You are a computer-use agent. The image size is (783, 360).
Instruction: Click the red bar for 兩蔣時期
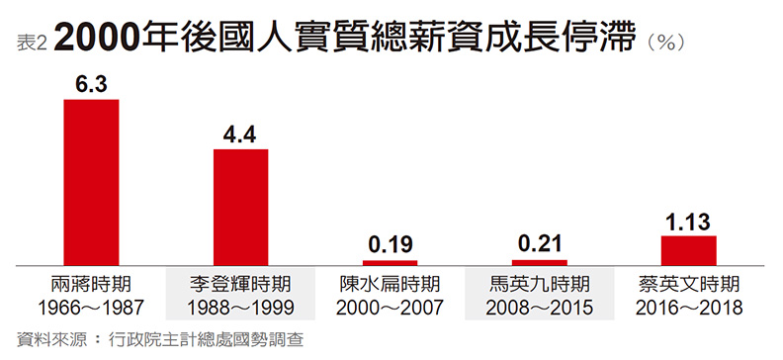[91, 182]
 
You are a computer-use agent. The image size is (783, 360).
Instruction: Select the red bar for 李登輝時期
[242, 207]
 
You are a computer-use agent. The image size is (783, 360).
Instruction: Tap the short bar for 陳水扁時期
[390, 262]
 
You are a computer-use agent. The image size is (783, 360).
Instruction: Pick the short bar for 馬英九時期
[540, 262]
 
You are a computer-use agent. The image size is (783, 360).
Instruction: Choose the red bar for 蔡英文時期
[689, 250]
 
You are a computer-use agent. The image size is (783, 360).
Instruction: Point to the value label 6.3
[91, 87]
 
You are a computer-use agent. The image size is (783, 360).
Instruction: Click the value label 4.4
[242, 136]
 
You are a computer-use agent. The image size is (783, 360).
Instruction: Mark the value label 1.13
[689, 222]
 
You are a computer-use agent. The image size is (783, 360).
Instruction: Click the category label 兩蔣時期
[91, 283]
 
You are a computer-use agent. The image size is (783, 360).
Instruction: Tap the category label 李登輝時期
[242, 283]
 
